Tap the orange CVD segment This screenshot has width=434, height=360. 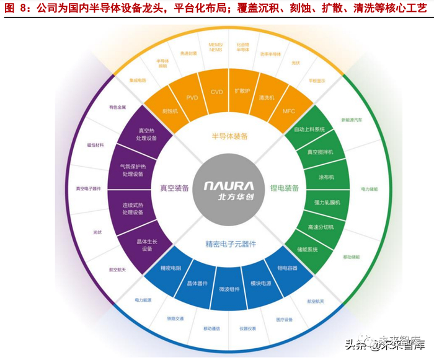(x=216, y=92)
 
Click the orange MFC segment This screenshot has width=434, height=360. (x=288, y=112)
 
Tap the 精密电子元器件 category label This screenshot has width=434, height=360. (x=230, y=244)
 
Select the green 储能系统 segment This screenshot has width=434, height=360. (x=308, y=250)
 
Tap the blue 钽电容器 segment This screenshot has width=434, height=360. (x=287, y=268)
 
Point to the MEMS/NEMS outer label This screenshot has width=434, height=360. (x=216, y=48)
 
